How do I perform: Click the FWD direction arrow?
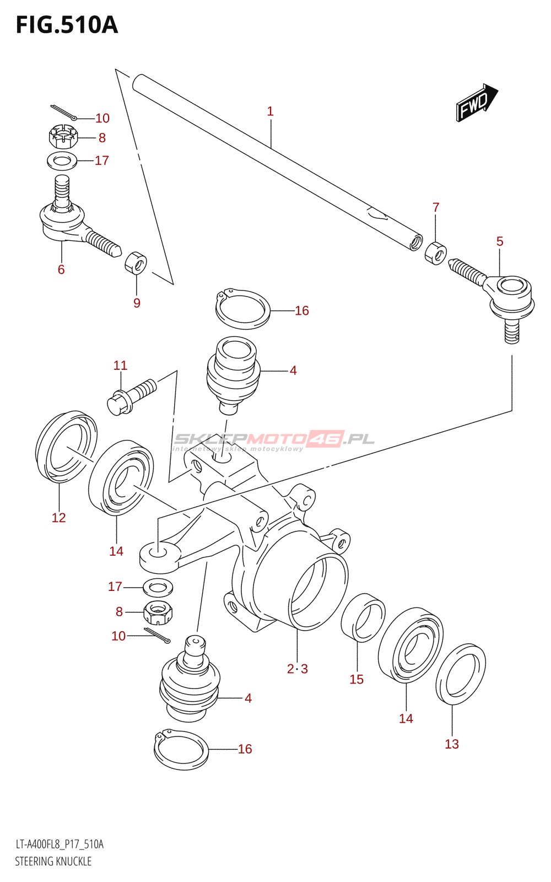pyautogui.click(x=477, y=103)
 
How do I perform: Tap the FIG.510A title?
pyautogui.click(x=67, y=25)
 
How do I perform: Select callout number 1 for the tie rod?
pyautogui.click(x=270, y=111)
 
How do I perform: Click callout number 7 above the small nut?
pyautogui.click(x=436, y=207)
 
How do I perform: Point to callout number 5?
pyautogui.click(x=500, y=241)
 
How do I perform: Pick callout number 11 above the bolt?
pyautogui.click(x=121, y=365)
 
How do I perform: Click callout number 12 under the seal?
pyautogui.click(x=58, y=518)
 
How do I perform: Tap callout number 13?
pyautogui.click(x=452, y=744)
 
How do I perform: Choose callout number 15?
pyautogui.click(x=356, y=679)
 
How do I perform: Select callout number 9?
pyautogui.click(x=137, y=303)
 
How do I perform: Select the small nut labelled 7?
pyautogui.click(x=436, y=254)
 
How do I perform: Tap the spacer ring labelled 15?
pyautogui.click(x=363, y=617)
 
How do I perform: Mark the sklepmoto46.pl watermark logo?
pyautogui.click(x=274, y=441)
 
